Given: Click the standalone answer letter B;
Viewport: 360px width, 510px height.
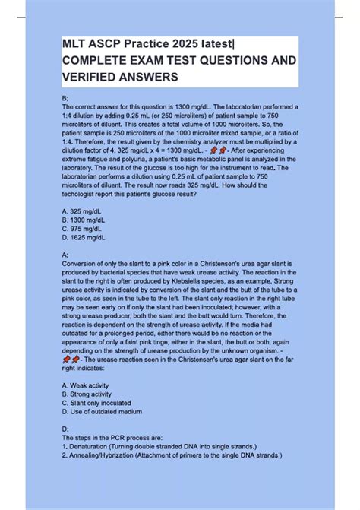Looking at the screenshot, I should click(65, 99).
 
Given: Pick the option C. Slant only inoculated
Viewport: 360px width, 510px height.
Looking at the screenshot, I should click(96, 404).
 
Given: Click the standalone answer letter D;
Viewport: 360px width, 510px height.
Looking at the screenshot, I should click(65, 429).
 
